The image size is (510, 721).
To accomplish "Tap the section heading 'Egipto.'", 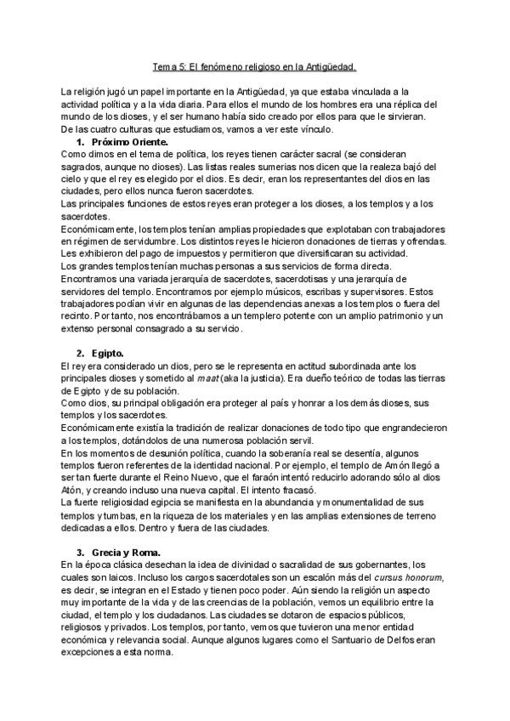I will tap(110, 352).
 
